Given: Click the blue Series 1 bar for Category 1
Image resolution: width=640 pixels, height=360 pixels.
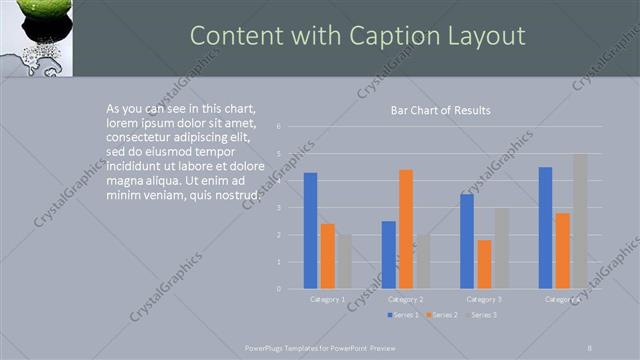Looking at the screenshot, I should coord(310,231).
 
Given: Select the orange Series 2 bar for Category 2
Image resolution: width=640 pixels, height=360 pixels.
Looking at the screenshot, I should coord(405,229).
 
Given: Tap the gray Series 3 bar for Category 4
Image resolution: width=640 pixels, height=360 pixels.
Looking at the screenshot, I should coord(580,221).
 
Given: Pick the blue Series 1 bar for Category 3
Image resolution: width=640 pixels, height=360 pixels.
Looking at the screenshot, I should coord(467,241).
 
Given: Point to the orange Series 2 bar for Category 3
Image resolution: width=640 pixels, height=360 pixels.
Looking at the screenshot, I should coord(484,264).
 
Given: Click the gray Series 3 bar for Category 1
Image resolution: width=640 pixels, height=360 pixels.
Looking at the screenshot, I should coord(344,261).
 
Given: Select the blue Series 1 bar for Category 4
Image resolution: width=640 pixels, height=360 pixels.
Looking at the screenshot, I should coord(545,228).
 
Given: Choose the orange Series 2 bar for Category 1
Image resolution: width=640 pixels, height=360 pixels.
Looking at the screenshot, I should coord(327,256).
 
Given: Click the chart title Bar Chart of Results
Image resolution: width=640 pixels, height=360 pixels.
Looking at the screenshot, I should coord(440,110).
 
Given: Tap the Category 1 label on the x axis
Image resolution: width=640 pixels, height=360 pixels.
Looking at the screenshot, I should coord(327,299).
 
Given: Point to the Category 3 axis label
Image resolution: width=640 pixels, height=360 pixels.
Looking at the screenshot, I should coord(484,299).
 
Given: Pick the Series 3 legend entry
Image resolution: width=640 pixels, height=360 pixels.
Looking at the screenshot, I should coord(483,315).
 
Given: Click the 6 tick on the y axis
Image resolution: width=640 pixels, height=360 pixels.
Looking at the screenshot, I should coord(279,126).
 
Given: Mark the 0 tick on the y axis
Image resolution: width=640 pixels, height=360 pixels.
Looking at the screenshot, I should coord(279,288).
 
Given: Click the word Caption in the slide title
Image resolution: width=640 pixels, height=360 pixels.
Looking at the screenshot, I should coord(402,36).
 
